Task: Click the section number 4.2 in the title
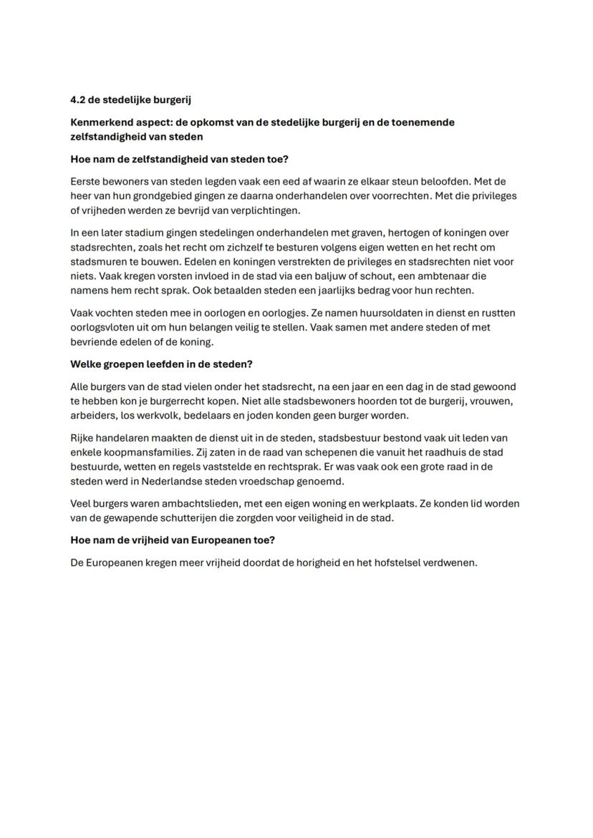(x=78, y=99)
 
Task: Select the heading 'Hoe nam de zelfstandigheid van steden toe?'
(x=179, y=159)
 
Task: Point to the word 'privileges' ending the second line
(x=491, y=195)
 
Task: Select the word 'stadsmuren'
(x=97, y=262)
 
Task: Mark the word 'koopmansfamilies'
(x=146, y=452)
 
